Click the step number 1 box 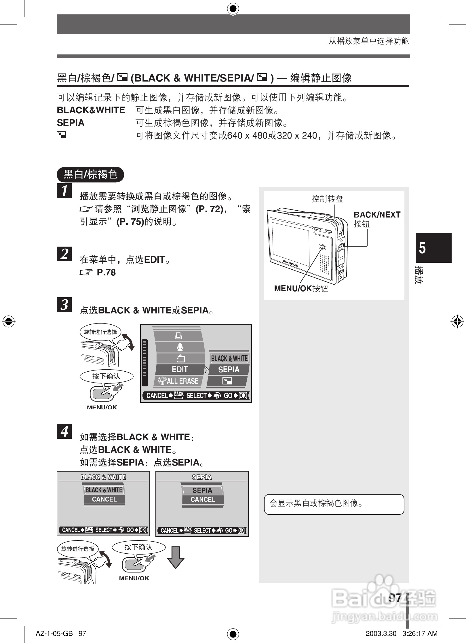(x=64, y=190)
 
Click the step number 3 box (x=64, y=305)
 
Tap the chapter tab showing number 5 (x=433, y=248)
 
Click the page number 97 (x=395, y=598)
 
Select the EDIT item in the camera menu (x=180, y=369)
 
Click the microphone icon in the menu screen (x=180, y=347)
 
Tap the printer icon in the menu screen (x=178, y=336)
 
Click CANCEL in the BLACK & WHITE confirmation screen (x=104, y=499)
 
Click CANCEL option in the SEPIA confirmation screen (x=203, y=500)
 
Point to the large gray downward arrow (x=176, y=557)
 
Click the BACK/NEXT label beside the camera (x=377, y=215)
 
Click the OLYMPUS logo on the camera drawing (x=290, y=263)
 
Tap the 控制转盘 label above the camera (x=327, y=199)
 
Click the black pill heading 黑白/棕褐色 (x=90, y=174)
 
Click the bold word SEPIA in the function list (x=71, y=123)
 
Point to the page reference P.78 (x=106, y=272)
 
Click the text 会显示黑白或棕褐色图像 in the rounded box (x=316, y=503)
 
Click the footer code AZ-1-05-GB (x=54, y=633)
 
